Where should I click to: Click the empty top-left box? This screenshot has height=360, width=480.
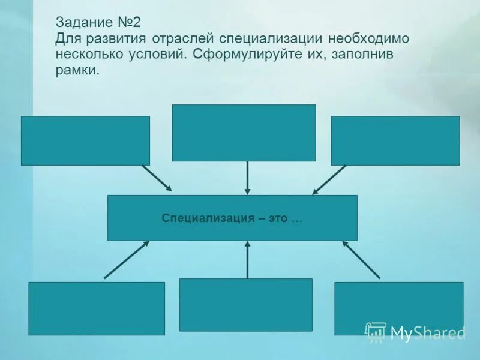85,140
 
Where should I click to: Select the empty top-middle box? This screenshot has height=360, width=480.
244,133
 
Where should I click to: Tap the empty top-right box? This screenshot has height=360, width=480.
395,140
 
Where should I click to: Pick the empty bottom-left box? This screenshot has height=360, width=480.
96,308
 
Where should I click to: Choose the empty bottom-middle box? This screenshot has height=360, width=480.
245,305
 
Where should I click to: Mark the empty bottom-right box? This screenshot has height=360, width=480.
398,308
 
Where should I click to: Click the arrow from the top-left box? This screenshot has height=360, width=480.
157,178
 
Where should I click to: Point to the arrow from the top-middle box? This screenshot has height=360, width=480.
247,178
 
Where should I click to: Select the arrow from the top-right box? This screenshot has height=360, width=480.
329,179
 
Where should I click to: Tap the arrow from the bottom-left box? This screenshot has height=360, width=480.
127,260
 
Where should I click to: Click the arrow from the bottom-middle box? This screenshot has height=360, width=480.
247,259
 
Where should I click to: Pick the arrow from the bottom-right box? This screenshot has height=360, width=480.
361,260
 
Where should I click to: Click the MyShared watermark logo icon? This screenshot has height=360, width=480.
376,332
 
